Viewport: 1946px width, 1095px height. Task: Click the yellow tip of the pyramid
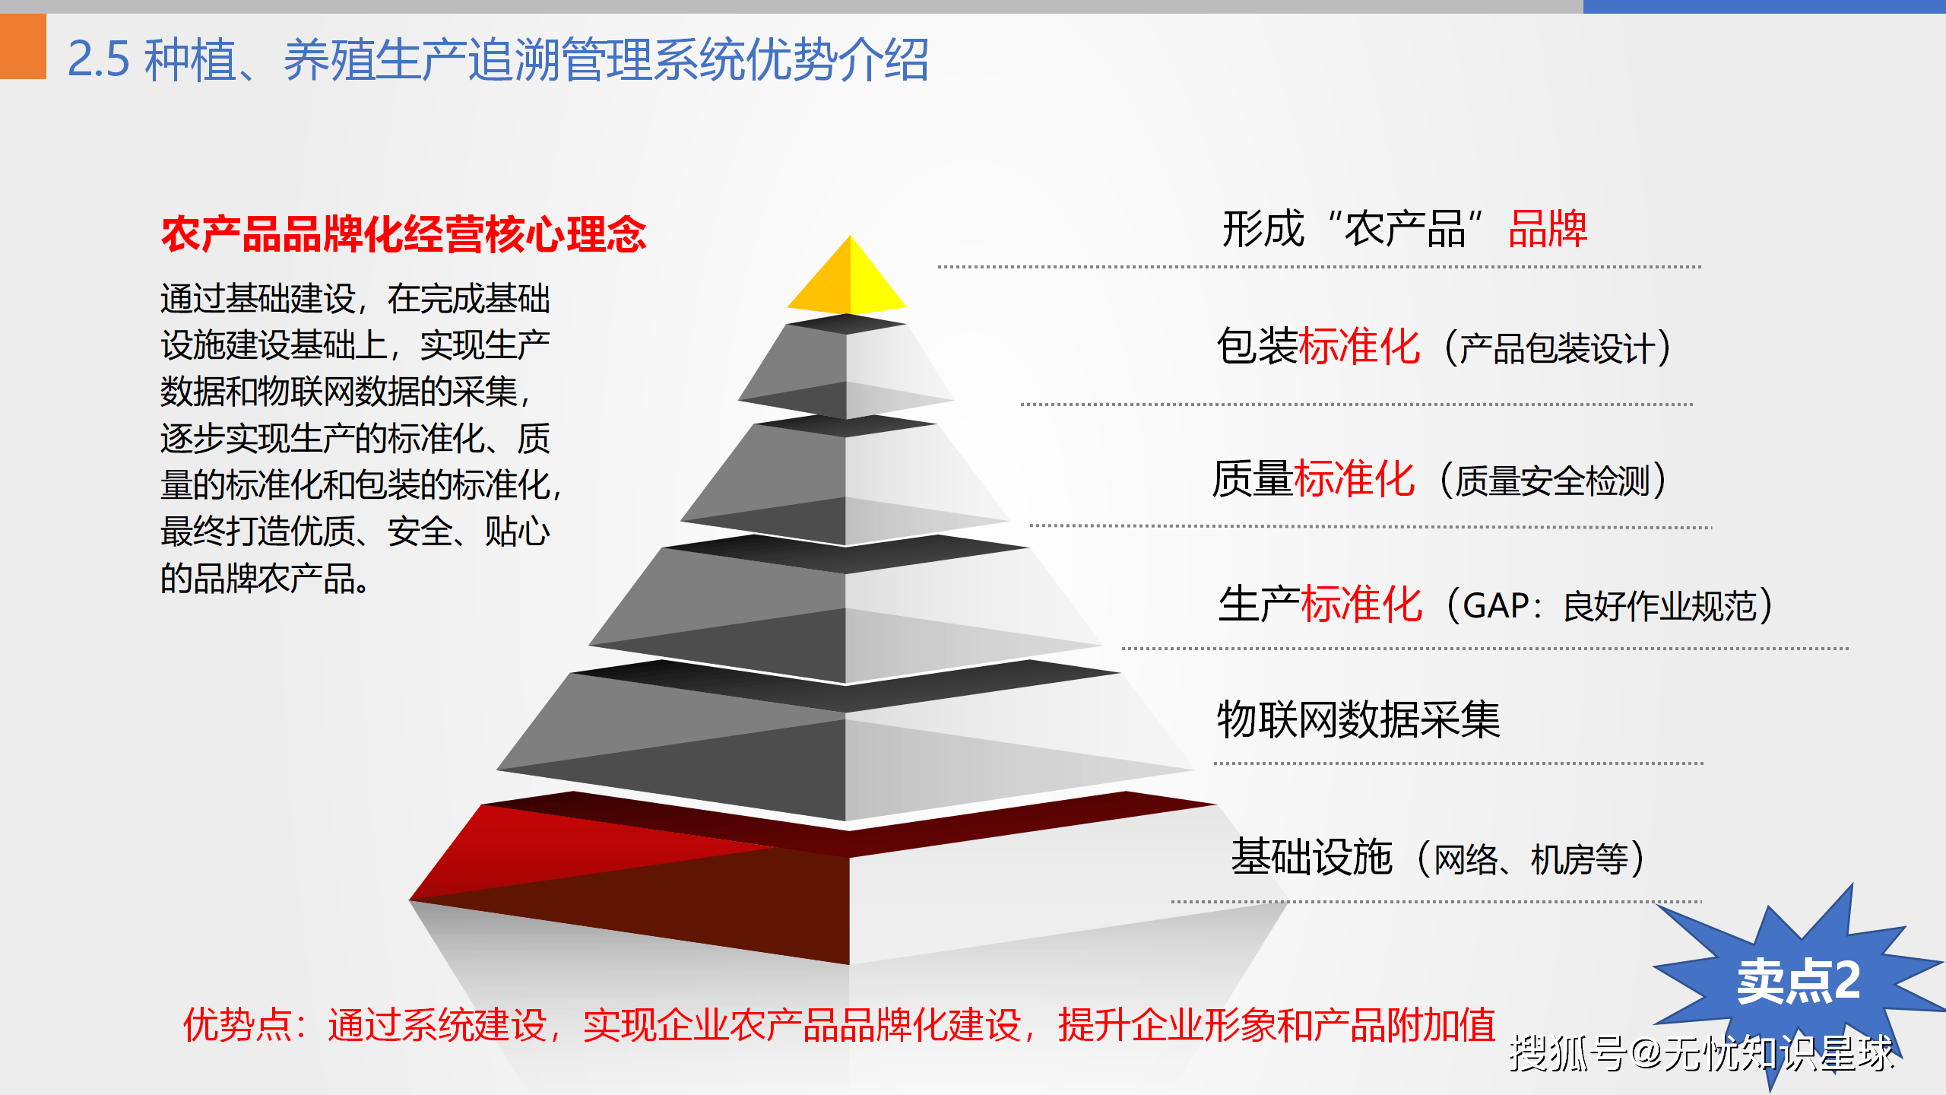[x=848, y=278]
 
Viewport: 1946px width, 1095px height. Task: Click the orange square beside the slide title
[x=23, y=46]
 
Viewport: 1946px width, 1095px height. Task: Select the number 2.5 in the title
[x=99, y=59]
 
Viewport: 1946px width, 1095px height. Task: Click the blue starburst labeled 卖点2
[x=1799, y=981]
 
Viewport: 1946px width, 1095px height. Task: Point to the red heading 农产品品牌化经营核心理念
[x=404, y=233]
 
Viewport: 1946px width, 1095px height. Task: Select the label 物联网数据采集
[x=1358, y=719]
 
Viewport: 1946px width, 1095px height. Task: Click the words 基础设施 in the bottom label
[x=1312, y=857]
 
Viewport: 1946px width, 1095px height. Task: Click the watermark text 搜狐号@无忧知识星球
[x=1701, y=1053]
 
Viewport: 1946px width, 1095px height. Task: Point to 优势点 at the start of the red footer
[x=238, y=1024]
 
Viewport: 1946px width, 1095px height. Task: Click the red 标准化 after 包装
[x=1360, y=347]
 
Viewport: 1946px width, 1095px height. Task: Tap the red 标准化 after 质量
[x=1355, y=479]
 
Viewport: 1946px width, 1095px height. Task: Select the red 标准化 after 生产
[x=1361, y=605]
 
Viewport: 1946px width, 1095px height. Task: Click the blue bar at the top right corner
[x=1764, y=6]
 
